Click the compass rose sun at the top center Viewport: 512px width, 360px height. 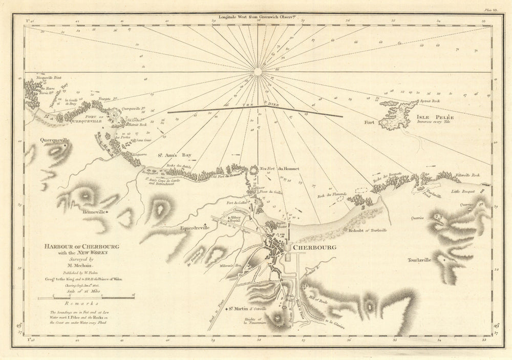pos(258,71)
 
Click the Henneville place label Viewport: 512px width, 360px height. pos(93,211)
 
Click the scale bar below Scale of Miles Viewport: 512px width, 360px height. pos(86,297)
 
